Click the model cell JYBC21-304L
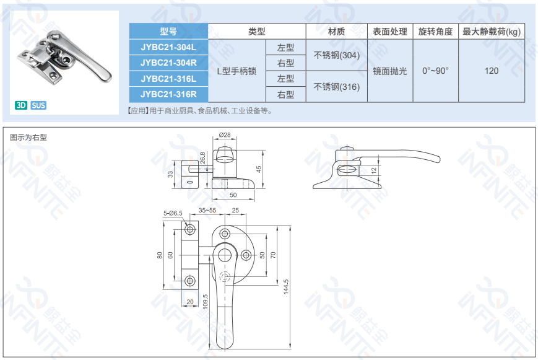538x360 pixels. pyautogui.click(x=168, y=47)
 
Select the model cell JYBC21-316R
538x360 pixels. pyautogui.click(x=168, y=94)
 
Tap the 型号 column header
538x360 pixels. pyautogui.click(x=168, y=32)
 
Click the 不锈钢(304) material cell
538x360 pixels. pyautogui.click(x=337, y=55)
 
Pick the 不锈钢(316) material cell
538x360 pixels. pyautogui.click(x=337, y=87)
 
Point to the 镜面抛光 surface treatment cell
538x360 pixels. pyautogui.click(x=390, y=71)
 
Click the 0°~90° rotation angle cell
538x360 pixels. pyautogui.click(x=435, y=71)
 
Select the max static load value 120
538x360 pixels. pyautogui.click(x=492, y=71)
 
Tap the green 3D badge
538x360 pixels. pyautogui.click(x=21, y=105)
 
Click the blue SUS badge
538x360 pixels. pyautogui.click(x=38, y=105)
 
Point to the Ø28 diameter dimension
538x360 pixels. pyautogui.click(x=225, y=135)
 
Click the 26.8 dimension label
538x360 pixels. pyautogui.click(x=202, y=157)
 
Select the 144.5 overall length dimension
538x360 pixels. pyautogui.click(x=286, y=286)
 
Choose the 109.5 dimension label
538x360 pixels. pyautogui.click(x=205, y=302)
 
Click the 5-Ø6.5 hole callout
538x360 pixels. pyautogui.click(x=173, y=213)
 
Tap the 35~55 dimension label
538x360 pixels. pyautogui.click(x=207, y=210)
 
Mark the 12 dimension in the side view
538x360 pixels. pyautogui.click(x=374, y=170)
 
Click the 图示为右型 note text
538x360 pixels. pyautogui.click(x=28, y=138)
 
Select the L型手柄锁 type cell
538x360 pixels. pyautogui.click(x=236, y=71)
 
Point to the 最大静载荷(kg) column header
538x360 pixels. pyautogui.click(x=492, y=32)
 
